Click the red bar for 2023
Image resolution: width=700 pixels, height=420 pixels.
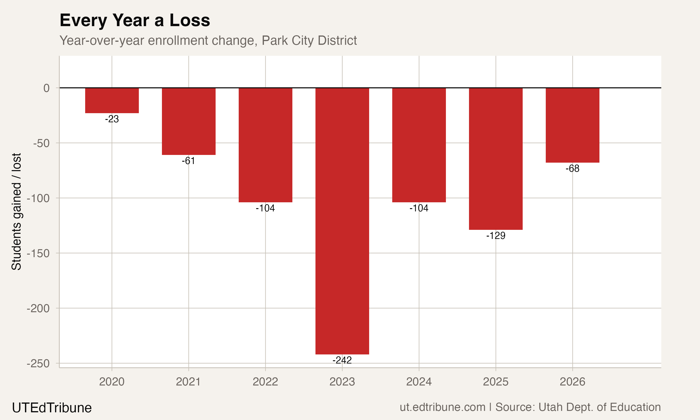[x=342, y=221]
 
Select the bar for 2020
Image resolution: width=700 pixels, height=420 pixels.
[x=112, y=101]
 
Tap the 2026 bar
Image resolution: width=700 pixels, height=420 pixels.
[x=572, y=125]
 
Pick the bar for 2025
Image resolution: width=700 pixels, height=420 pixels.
[x=495, y=158]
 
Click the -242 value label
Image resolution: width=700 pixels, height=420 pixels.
[x=342, y=360]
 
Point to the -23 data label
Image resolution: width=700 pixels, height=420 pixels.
[x=112, y=119]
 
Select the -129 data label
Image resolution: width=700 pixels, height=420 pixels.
[x=495, y=235]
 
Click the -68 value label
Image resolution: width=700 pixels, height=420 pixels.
[x=572, y=168]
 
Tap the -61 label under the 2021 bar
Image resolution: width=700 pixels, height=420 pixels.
[x=189, y=161]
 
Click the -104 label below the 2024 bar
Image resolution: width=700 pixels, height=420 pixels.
[x=419, y=208]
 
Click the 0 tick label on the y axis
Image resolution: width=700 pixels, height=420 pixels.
[x=46, y=88]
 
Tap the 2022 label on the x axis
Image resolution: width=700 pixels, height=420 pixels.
[x=265, y=382]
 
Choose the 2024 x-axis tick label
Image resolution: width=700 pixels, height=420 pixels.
[x=419, y=382]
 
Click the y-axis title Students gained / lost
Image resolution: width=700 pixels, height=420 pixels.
[x=16, y=211]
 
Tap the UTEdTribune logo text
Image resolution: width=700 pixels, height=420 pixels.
[x=52, y=408]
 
